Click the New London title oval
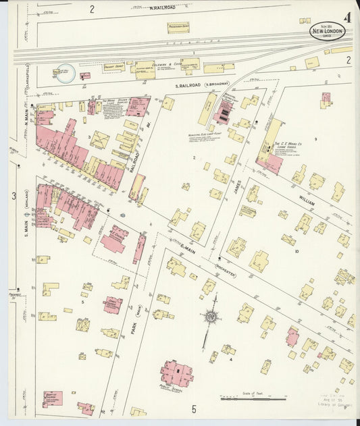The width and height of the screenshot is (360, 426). pyautogui.click(x=326, y=31)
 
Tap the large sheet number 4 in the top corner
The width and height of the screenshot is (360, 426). pyautogui.click(x=347, y=17)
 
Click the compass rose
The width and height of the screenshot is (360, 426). pyautogui.click(x=212, y=316)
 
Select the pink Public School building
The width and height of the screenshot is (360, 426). pyautogui.click(x=177, y=373)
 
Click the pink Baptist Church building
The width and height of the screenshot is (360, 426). pyautogui.click(x=52, y=398)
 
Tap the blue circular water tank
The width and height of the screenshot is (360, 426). pyautogui.click(x=65, y=73)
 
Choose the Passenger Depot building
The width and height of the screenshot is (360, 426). pyautogui.click(x=178, y=28)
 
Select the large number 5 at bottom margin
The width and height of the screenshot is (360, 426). pyautogui.click(x=193, y=409)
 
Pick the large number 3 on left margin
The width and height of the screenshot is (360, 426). pyautogui.click(x=13, y=196)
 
